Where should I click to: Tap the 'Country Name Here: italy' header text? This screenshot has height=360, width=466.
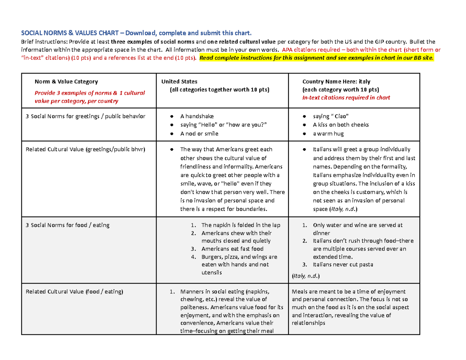336,82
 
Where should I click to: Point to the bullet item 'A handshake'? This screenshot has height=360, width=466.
197,116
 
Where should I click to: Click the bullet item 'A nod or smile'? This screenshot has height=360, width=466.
199,134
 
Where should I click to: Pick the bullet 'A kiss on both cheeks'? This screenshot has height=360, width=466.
341,125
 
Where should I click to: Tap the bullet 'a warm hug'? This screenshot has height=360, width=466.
328,134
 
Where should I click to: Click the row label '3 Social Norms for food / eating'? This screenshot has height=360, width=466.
67,225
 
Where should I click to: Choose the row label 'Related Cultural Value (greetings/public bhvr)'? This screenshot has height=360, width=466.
85,149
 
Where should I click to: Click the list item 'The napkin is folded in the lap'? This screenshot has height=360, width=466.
241,225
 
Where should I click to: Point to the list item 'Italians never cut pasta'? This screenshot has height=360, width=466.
343,264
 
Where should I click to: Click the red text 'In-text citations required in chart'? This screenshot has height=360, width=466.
346,97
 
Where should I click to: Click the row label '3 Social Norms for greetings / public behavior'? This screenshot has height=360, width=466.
85,116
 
